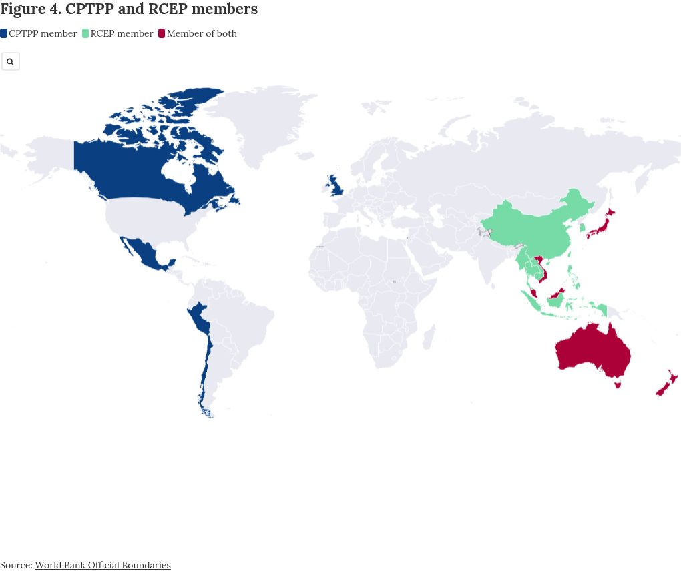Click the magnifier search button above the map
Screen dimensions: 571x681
point(10,61)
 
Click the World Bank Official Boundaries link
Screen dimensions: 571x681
point(103,565)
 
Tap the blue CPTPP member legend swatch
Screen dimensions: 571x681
point(4,33)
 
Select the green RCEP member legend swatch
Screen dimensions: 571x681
point(85,33)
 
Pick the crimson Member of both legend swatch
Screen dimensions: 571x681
point(162,33)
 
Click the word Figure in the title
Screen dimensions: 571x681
point(23,9)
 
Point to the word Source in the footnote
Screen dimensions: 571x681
point(15,565)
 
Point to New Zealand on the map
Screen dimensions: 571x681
point(668,383)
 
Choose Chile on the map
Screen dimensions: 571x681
point(205,374)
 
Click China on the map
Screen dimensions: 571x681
point(534,230)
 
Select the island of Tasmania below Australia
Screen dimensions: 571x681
point(618,384)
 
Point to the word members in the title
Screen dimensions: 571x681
point(224,9)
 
